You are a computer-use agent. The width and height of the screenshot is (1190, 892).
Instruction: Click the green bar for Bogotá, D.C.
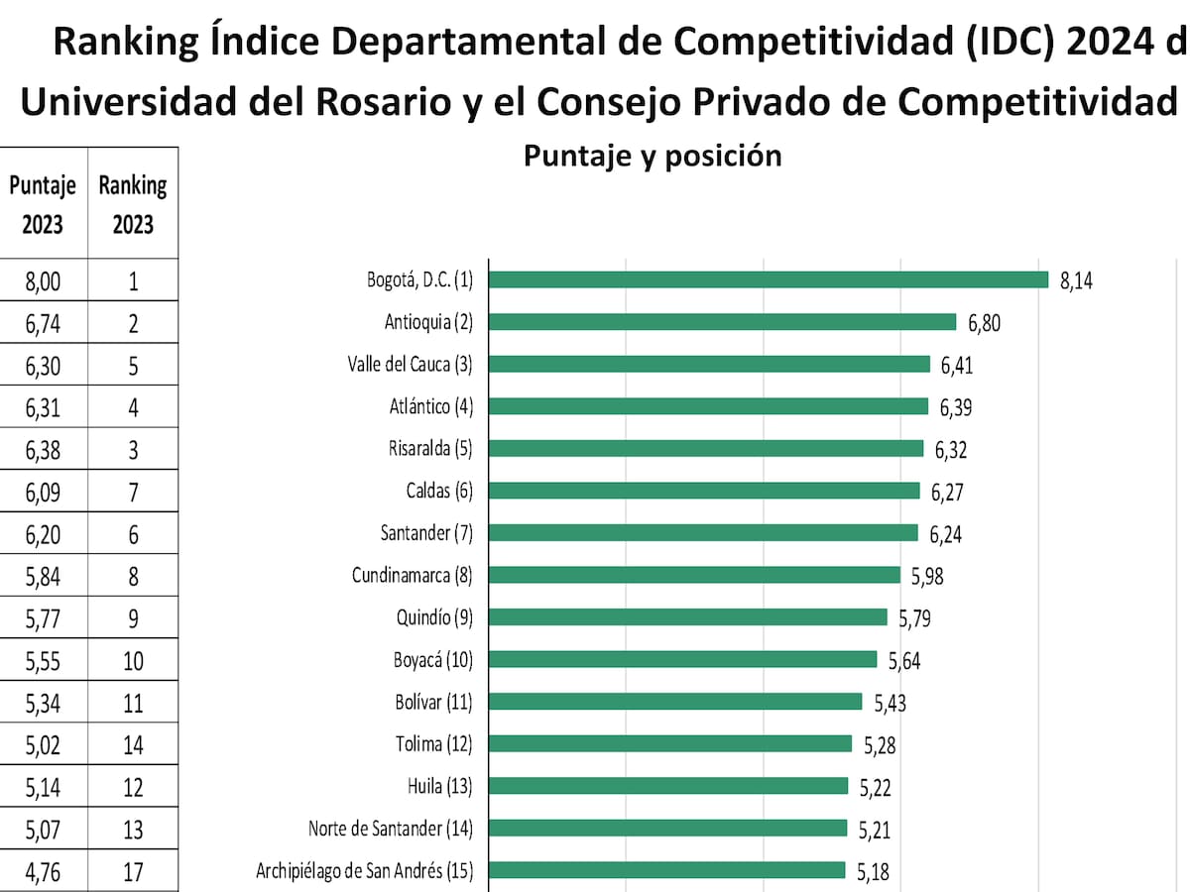point(769,279)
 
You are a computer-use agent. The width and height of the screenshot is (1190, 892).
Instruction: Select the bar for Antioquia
point(723,322)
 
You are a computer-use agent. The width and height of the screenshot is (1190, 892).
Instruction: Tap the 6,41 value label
point(957,365)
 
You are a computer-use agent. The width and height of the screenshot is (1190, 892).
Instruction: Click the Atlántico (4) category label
point(431,406)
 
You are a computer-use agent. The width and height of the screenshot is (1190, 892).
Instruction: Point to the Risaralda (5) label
point(430,448)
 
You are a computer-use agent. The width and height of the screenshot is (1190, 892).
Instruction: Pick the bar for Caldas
point(705,491)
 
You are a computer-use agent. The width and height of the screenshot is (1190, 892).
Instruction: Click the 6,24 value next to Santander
point(945,534)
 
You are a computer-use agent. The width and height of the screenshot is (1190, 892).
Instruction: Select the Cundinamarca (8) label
point(413,575)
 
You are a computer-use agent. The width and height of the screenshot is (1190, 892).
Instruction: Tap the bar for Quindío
point(688,617)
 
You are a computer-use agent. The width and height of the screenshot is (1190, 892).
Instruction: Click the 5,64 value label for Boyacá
point(904,660)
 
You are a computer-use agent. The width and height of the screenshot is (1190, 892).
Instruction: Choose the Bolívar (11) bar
point(676,702)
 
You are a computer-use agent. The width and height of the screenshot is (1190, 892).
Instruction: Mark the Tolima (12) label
point(433,743)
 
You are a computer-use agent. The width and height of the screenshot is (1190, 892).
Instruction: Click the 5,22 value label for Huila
point(876,787)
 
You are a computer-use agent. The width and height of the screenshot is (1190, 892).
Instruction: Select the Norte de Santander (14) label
point(391,828)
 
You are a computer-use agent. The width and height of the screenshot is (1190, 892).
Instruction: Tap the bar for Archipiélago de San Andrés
point(667,870)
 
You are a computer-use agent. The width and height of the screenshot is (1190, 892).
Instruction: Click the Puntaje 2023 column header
point(43,204)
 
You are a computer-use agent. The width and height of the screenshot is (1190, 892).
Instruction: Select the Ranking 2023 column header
point(133,204)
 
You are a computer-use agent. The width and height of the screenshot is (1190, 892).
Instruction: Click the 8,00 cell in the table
point(43,281)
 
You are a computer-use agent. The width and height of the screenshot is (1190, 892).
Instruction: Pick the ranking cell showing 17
point(133,872)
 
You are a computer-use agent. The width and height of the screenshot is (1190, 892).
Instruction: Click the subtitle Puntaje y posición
point(652,156)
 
